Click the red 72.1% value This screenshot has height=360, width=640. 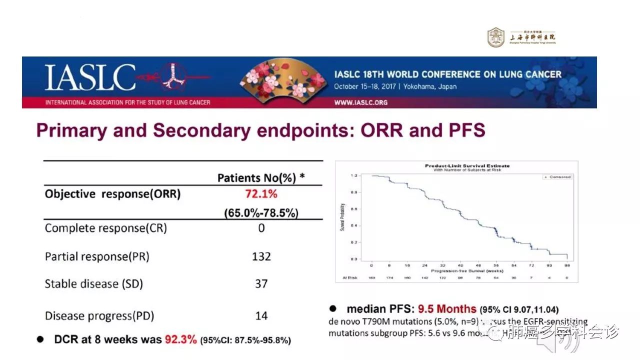pyautogui.click(x=261, y=194)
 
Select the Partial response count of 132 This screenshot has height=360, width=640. pyautogui.click(x=261, y=256)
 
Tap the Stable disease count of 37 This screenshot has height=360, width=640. pyautogui.click(x=261, y=283)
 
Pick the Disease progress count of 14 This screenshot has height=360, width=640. pyautogui.click(x=261, y=315)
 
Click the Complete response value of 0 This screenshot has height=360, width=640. pyautogui.click(x=261, y=228)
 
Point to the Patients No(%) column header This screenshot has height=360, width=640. pyautogui.click(x=261, y=178)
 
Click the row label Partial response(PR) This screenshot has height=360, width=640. pyautogui.click(x=97, y=256)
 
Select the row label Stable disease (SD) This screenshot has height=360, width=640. pyautogui.click(x=93, y=283)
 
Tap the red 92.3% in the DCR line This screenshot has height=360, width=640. pyautogui.click(x=180, y=340)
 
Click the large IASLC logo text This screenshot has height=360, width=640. pyautogui.click(x=90, y=78)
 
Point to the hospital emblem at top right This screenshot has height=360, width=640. pyautogui.click(x=495, y=37)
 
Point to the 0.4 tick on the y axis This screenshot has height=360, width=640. pyautogui.click(x=353, y=225)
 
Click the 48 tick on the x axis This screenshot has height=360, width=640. pyautogui.click(x=478, y=265)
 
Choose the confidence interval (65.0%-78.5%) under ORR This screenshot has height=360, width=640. pyautogui.click(x=261, y=213)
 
